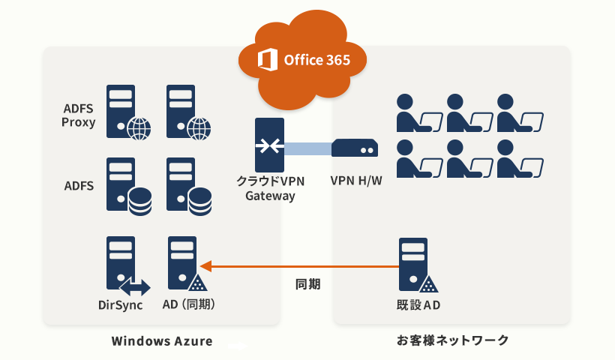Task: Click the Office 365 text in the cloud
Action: click(x=317, y=60)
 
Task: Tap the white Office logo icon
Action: click(x=268, y=59)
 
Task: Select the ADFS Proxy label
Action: click(x=79, y=115)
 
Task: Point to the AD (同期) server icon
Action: click(x=187, y=263)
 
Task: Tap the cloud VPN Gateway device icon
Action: click(x=269, y=145)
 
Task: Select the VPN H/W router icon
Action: click(x=355, y=148)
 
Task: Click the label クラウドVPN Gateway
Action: click(x=270, y=188)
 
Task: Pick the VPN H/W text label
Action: click(x=356, y=181)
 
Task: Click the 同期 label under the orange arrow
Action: click(x=308, y=284)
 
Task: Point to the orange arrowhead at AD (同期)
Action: click(x=206, y=266)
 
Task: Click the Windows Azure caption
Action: click(x=162, y=340)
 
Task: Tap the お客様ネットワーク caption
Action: click(x=452, y=340)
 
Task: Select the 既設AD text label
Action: click(x=418, y=305)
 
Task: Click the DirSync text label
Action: click(x=121, y=305)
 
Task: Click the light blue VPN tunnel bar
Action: click(x=308, y=149)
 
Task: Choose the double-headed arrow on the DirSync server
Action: click(x=135, y=287)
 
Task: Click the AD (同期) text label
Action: click(x=189, y=304)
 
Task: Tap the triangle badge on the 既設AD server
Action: click(x=429, y=284)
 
